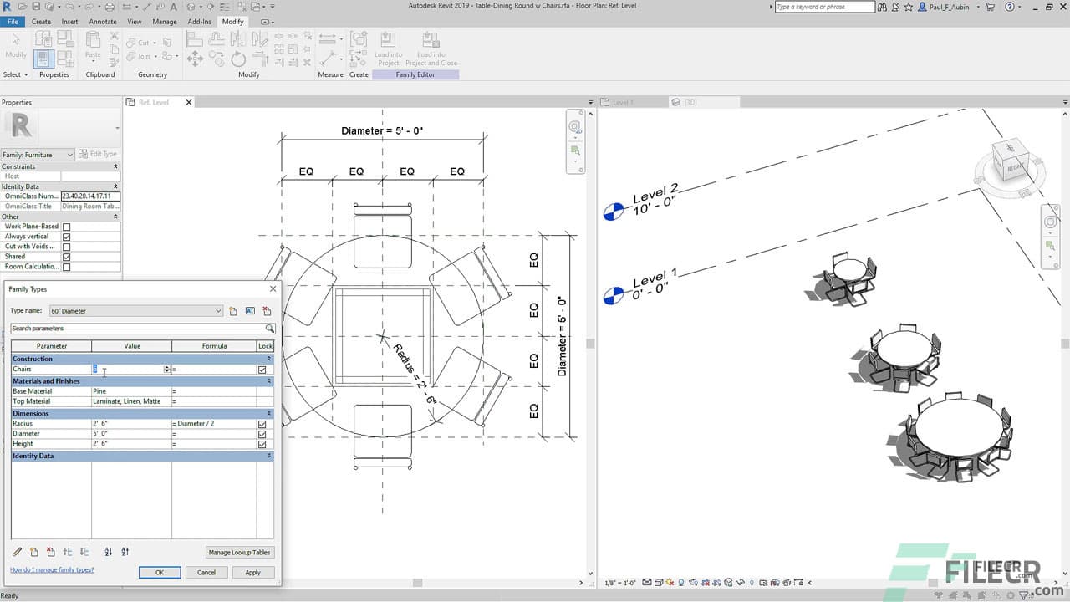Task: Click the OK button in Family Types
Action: click(159, 572)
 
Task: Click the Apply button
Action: click(252, 572)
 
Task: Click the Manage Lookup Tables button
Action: click(240, 552)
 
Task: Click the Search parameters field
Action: click(138, 329)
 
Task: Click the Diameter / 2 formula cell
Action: click(213, 424)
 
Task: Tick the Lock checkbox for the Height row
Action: click(262, 444)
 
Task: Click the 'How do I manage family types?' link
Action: click(52, 569)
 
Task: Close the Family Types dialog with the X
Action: click(273, 289)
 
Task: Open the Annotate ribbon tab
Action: click(103, 22)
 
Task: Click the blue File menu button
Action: click(13, 22)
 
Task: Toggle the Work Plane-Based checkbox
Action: click(67, 227)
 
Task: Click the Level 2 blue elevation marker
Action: click(613, 212)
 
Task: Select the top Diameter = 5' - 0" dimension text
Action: click(382, 131)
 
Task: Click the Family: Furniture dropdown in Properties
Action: click(38, 155)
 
